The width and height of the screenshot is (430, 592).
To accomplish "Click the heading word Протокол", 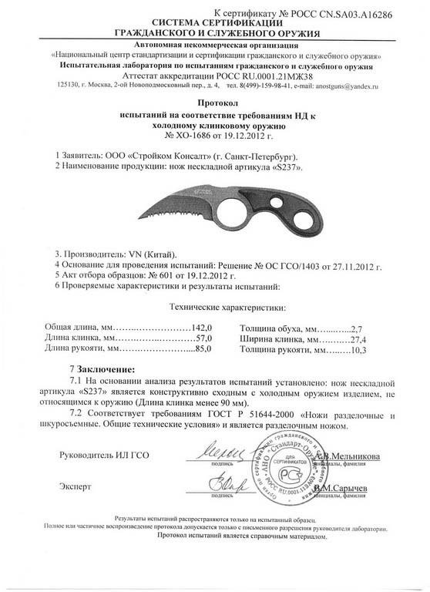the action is tap(213, 100).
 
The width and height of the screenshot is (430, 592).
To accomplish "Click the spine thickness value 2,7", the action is tap(355, 328).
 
